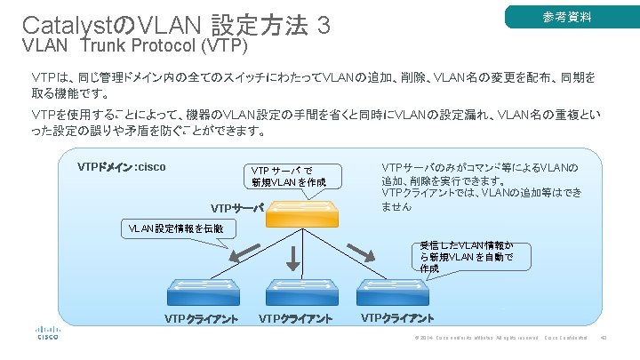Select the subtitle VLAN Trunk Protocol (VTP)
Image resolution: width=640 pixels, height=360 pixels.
[132, 45]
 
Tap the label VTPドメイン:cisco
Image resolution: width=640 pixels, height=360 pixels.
[121, 166]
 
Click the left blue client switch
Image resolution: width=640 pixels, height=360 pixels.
[202, 292]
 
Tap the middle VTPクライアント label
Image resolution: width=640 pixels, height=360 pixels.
[296, 319]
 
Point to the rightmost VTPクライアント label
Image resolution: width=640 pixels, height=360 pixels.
[397, 318]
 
